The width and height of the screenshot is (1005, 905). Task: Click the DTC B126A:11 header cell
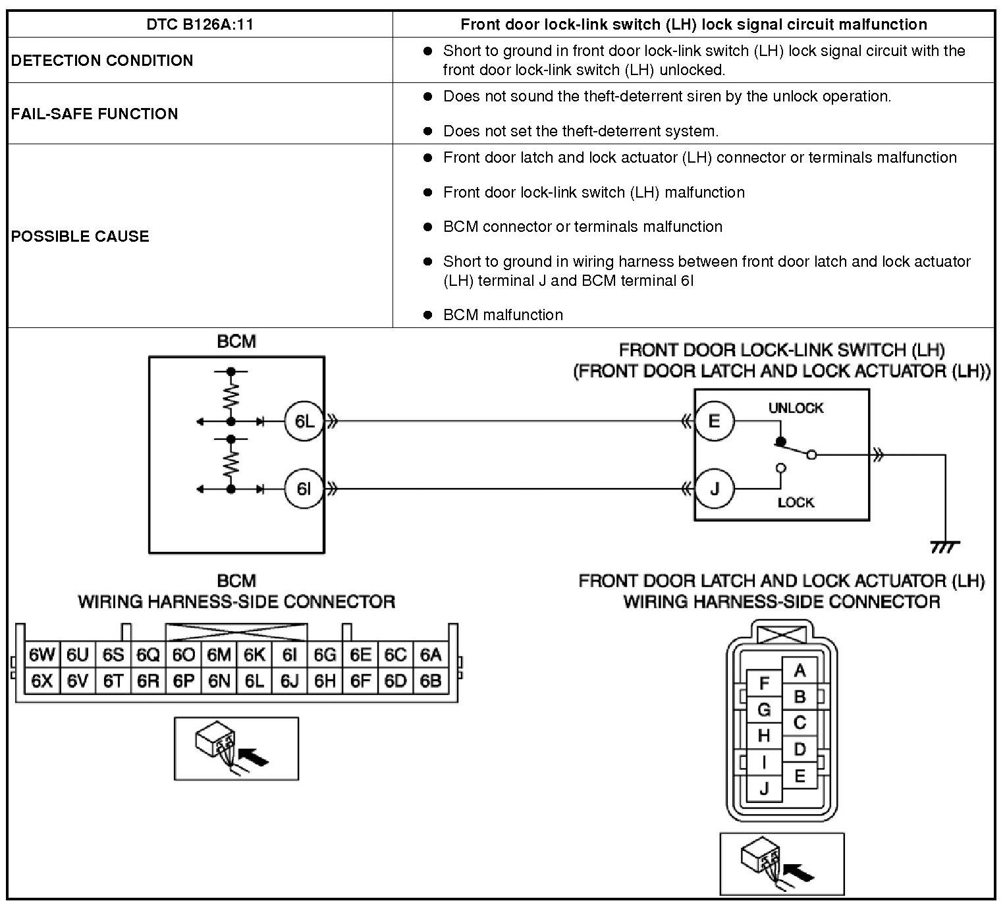pyautogui.click(x=200, y=25)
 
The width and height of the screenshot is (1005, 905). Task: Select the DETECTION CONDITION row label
pyautogui.click(x=102, y=61)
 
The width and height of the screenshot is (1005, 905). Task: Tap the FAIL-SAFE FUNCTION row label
pyautogui.click(x=94, y=114)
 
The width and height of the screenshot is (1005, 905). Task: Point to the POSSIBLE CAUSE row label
pyautogui.click(x=80, y=236)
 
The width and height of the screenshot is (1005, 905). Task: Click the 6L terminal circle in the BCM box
pyautogui.click(x=304, y=421)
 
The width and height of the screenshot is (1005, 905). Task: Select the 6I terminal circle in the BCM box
pyautogui.click(x=304, y=489)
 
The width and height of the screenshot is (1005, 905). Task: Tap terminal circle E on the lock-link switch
pyautogui.click(x=714, y=421)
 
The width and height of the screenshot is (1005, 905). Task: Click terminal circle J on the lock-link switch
pyautogui.click(x=714, y=489)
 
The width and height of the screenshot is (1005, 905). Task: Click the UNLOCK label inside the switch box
pyautogui.click(x=796, y=408)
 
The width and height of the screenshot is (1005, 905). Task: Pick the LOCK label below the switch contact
pyautogui.click(x=796, y=503)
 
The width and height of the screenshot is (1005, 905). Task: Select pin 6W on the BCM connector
pyautogui.click(x=41, y=655)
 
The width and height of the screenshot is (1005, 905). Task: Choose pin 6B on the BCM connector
pyautogui.click(x=430, y=681)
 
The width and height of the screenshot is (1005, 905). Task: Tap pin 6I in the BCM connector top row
pyautogui.click(x=289, y=655)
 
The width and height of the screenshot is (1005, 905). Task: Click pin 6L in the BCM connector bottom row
pyautogui.click(x=254, y=681)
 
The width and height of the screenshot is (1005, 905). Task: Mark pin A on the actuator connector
pyautogui.click(x=800, y=671)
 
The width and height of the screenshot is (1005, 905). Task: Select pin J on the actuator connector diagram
pyautogui.click(x=764, y=788)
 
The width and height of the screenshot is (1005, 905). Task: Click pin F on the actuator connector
pyautogui.click(x=764, y=684)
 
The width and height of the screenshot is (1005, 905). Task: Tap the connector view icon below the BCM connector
pyautogui.click(x=236, y=749)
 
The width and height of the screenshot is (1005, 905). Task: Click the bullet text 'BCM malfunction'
pyautogui.click(x=502, y=315)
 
